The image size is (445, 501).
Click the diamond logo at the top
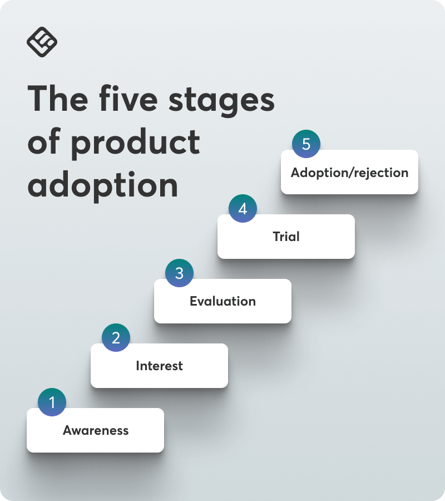tap(42, 42)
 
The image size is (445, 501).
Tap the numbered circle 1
tap(52, 402)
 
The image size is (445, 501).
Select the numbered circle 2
tap(116, 337)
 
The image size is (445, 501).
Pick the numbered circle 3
tap(179, 273)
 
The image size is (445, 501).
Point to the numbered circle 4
tap(243, 208)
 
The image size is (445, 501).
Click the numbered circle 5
tap(306, 144)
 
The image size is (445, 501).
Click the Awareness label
tap(96, 430)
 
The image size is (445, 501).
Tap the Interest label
tap(159, 366)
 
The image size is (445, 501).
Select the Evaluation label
tap(223, 301)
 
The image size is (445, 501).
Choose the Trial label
tap(286, 237)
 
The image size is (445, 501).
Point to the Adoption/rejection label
tap(349, 173)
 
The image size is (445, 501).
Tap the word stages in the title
tap(221, 101)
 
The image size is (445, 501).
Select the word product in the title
tap(136, 144)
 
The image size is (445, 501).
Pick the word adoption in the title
tap(103, 186)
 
